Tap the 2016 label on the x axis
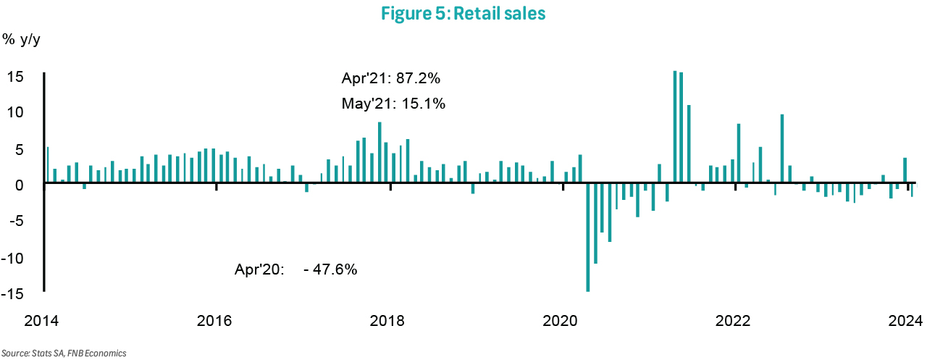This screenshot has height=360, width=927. coord(214,321)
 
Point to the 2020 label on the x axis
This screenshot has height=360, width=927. coord(562,321)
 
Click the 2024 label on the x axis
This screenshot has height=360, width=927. coord(904,321)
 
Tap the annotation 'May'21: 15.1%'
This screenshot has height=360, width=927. coord(393,104)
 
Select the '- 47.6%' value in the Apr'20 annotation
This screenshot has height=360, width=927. coord(331,269)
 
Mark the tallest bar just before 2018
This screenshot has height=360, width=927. coord(379,154)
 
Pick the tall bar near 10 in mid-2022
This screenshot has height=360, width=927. coord(782,149)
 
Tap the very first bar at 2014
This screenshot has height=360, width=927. coord(48,166)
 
